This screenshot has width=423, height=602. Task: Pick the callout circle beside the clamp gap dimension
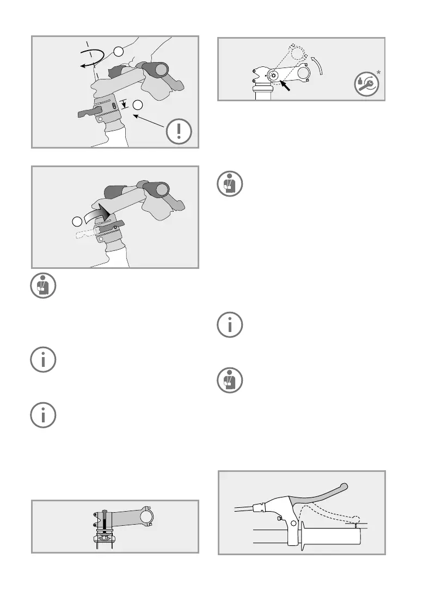[x=139, y=105]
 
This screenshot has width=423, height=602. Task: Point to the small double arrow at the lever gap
[x=355, y=525]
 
